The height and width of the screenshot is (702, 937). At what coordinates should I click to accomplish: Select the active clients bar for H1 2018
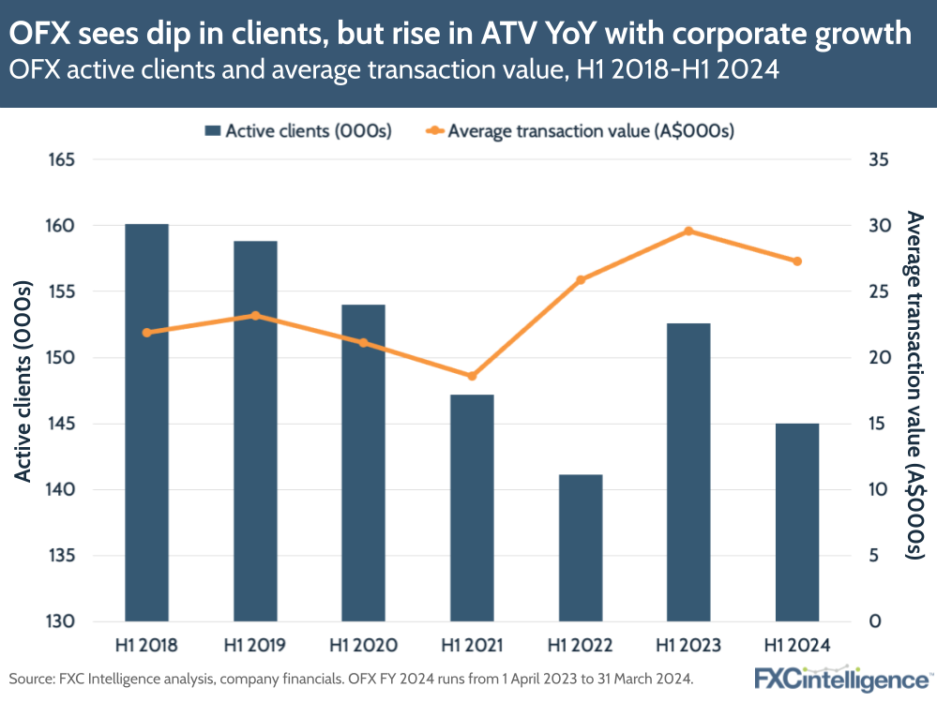pos(146,422)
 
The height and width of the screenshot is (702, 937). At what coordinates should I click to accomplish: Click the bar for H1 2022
pos(581,547)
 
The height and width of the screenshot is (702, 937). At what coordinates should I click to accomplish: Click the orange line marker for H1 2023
pos(688,231)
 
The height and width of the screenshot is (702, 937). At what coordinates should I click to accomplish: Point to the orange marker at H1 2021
pos(472,376)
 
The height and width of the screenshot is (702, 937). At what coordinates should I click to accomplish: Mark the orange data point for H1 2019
pos(255,316)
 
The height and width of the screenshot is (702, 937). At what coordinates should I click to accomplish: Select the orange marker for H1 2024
pos(797,261)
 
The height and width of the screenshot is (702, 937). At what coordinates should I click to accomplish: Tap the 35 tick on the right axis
pos(878,160)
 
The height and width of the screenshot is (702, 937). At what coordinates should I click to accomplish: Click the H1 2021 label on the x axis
pos(472,646)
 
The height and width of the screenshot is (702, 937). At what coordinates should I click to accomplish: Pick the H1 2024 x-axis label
pos(797,646)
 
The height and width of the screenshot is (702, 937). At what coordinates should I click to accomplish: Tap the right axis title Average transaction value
pos(915,384)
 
